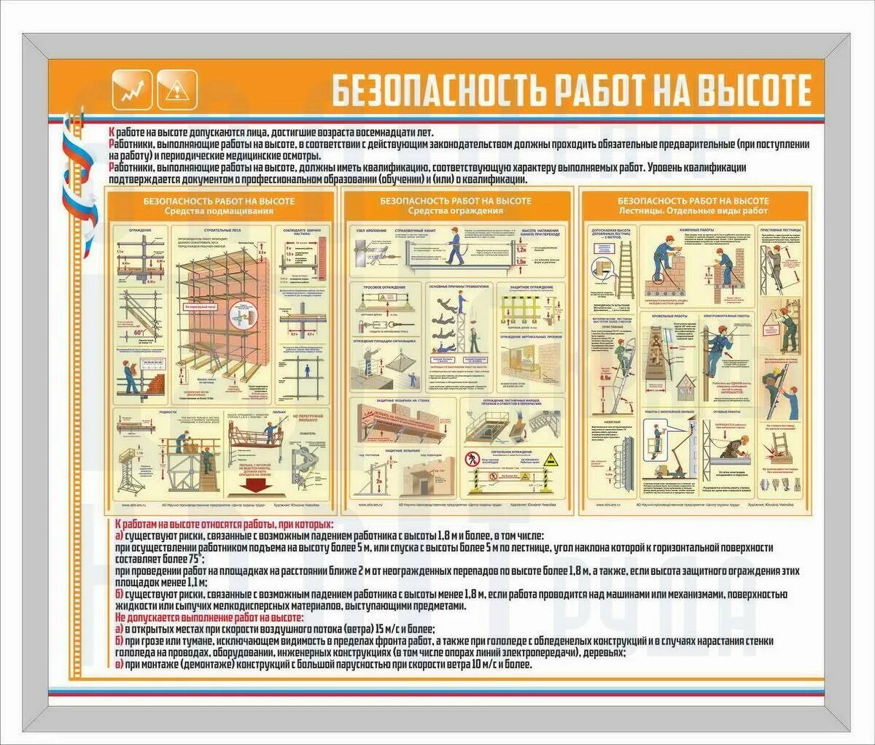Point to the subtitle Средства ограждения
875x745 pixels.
(456, 211)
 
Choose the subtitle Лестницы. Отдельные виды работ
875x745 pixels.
(693, 211)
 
